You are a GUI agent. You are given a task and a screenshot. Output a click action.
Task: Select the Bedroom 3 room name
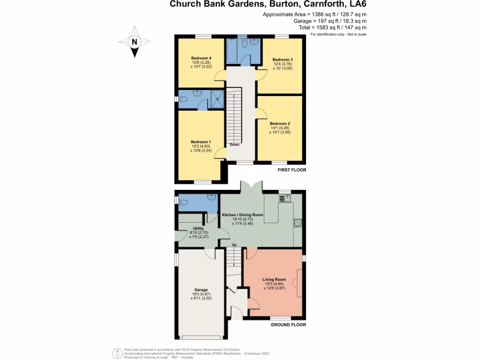click(283, 60)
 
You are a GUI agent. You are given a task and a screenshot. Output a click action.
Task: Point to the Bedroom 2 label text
click(280, 124)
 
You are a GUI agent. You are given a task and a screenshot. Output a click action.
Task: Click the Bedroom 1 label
click(201, 142)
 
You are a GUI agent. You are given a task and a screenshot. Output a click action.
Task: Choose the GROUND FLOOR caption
click(288, 324)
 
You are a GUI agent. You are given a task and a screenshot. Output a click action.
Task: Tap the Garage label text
click(201, 290)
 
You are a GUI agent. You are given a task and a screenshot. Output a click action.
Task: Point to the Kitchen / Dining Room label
click(246, 215)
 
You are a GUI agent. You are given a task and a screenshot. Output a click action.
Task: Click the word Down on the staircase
click(234, 145)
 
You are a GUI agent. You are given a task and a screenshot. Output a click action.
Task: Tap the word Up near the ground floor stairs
click(234, 245)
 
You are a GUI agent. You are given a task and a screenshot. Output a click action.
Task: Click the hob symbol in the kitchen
click(297, 223)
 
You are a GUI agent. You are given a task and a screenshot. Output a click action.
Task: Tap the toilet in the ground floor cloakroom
click(183, 202)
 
